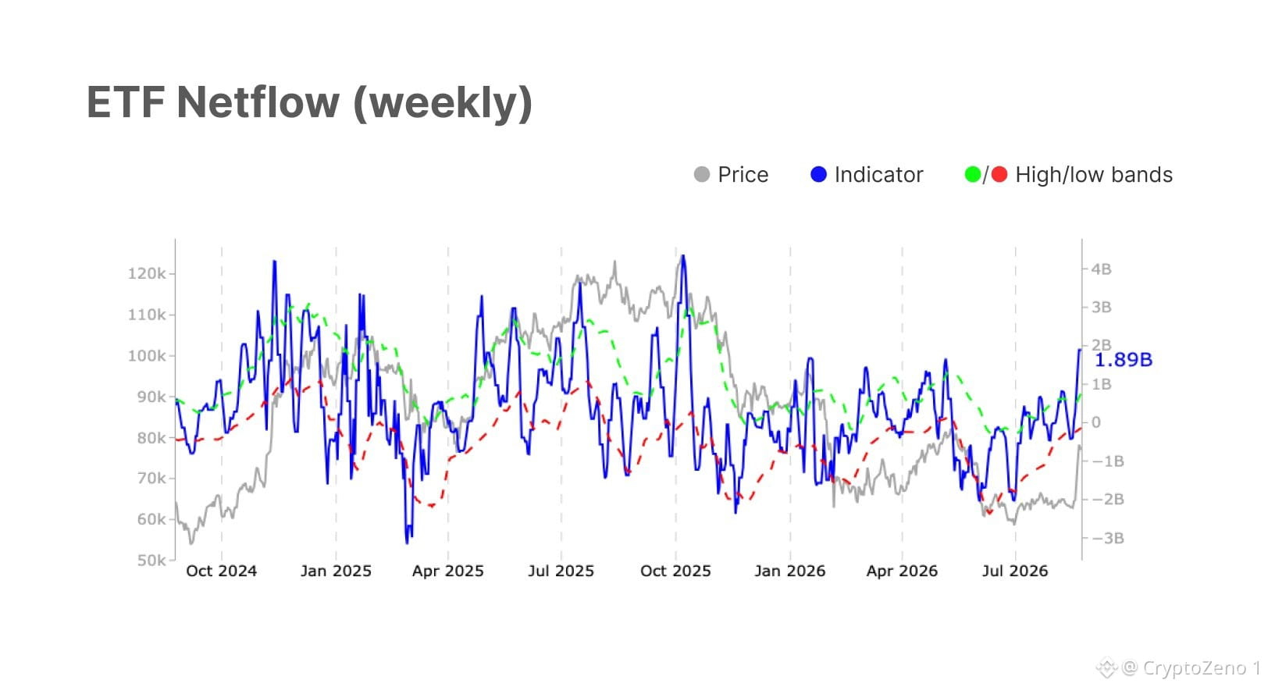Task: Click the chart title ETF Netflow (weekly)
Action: click(x=310, y=104)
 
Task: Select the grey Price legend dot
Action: click(x=702, y=174)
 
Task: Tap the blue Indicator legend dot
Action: click(x=818, y=174)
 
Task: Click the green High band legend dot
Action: click(x=973, y=174)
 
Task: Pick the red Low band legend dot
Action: click(x=999, y=174)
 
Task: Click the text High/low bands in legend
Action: click(x=1094, y=175)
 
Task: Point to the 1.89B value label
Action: click(x=1124, y=360)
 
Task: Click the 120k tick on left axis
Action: click(x=147, y=274)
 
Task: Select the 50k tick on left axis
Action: click(x=151, y=561)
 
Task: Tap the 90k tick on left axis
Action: click(x=151, y=397)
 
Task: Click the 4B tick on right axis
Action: click(x=1101, y=269)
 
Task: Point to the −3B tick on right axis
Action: click(x=1108, y=538)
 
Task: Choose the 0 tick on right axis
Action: click(x=1096, y=422)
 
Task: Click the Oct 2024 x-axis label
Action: click(x=221, y=571)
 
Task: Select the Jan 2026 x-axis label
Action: click(x=789, y=571)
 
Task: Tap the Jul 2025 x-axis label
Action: click(x=561, y=571)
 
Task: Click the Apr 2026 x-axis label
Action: click(x=902, y=571)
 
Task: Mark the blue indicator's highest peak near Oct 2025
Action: click(x=683, y=256)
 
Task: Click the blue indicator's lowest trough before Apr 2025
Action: click(x=407, y=543)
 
